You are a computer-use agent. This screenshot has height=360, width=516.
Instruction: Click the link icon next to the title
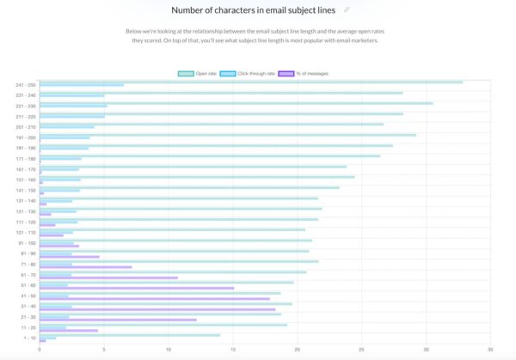pyautogui.click(x=347, y=10)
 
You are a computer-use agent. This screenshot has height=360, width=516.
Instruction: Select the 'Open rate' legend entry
pyautogui.click(x=197, y=73)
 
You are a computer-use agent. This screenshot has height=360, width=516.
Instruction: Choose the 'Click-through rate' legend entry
pyautogui.click(x=249, y=73)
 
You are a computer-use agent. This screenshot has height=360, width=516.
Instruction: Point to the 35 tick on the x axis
pyautogui.click(x=489, y=351)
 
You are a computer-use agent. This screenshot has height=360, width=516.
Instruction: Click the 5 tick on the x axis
pyautogui.click(x=103, y=351)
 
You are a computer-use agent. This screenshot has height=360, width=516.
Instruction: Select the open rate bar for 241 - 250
pyautogui.click(x=249, y=82)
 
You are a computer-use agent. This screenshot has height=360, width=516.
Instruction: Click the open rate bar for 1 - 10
pyautogui.click(x=129, y=335)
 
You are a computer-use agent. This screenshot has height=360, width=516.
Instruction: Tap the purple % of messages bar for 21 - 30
pyautogui.click(x=117, y=320)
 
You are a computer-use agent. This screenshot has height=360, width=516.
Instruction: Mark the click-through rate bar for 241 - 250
pyautogui.click(x=81, y=85)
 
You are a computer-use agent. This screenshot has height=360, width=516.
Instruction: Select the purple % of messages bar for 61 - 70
pyautogui.click(x=107, y=278)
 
